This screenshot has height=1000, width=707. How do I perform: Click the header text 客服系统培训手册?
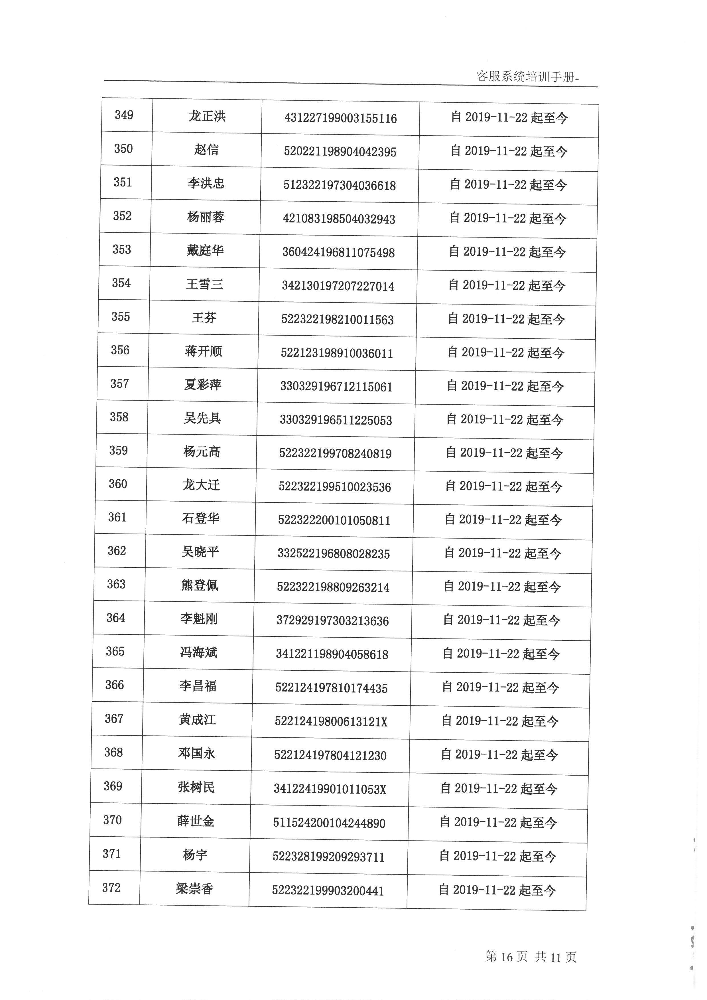(x=527, y=77)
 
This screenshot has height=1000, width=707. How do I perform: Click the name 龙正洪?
(x=207, y=116)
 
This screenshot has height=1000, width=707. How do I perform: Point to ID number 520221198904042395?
(x=340, y=152)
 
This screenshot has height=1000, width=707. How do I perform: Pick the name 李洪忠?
(x=206, y=183)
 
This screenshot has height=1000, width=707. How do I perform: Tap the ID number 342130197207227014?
(x=338, y=286)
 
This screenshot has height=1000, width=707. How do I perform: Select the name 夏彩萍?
(x=203, y=385)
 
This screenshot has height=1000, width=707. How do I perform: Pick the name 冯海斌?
(x=198, y=652)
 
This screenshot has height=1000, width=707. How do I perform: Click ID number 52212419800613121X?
(x=331, y=722)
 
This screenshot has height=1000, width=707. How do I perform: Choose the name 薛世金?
(x=196, y=821)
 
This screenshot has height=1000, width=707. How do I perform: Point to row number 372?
(x=111, y=888)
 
